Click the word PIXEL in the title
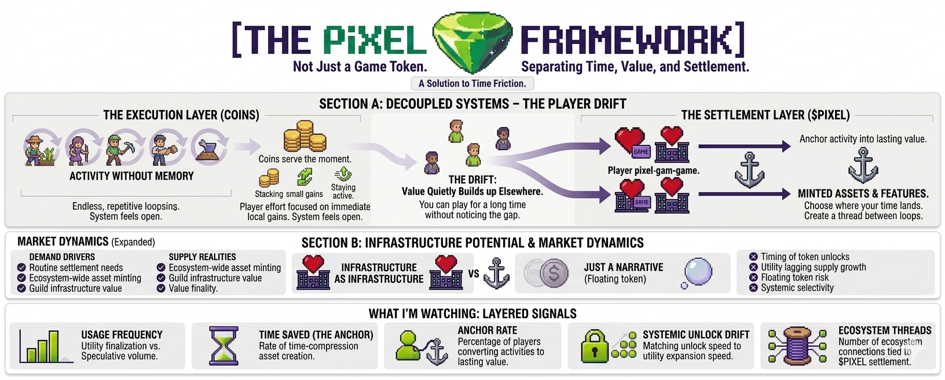click(x=375, y=41)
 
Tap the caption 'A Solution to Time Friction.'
click(x=472, y=83)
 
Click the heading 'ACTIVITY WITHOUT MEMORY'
click(x=131, y=176)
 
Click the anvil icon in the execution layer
click(x=210, y=149)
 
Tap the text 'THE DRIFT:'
click(x=472, y=180)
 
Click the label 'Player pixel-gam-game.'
click(x=653, y=170)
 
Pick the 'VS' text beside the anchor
click(x=474, y=273)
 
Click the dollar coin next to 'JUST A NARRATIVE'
click(x=554, y=273)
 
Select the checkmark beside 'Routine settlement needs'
click(x=21, y=268)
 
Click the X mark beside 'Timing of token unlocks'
click(x=753, y=257)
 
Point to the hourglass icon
click(x=224, y=346)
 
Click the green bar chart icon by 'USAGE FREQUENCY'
click(x=39, y=346)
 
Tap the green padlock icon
click(x=595, y=346)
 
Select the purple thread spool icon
click(x=796, y=346)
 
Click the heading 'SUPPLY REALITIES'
click(x=202, y=257)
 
